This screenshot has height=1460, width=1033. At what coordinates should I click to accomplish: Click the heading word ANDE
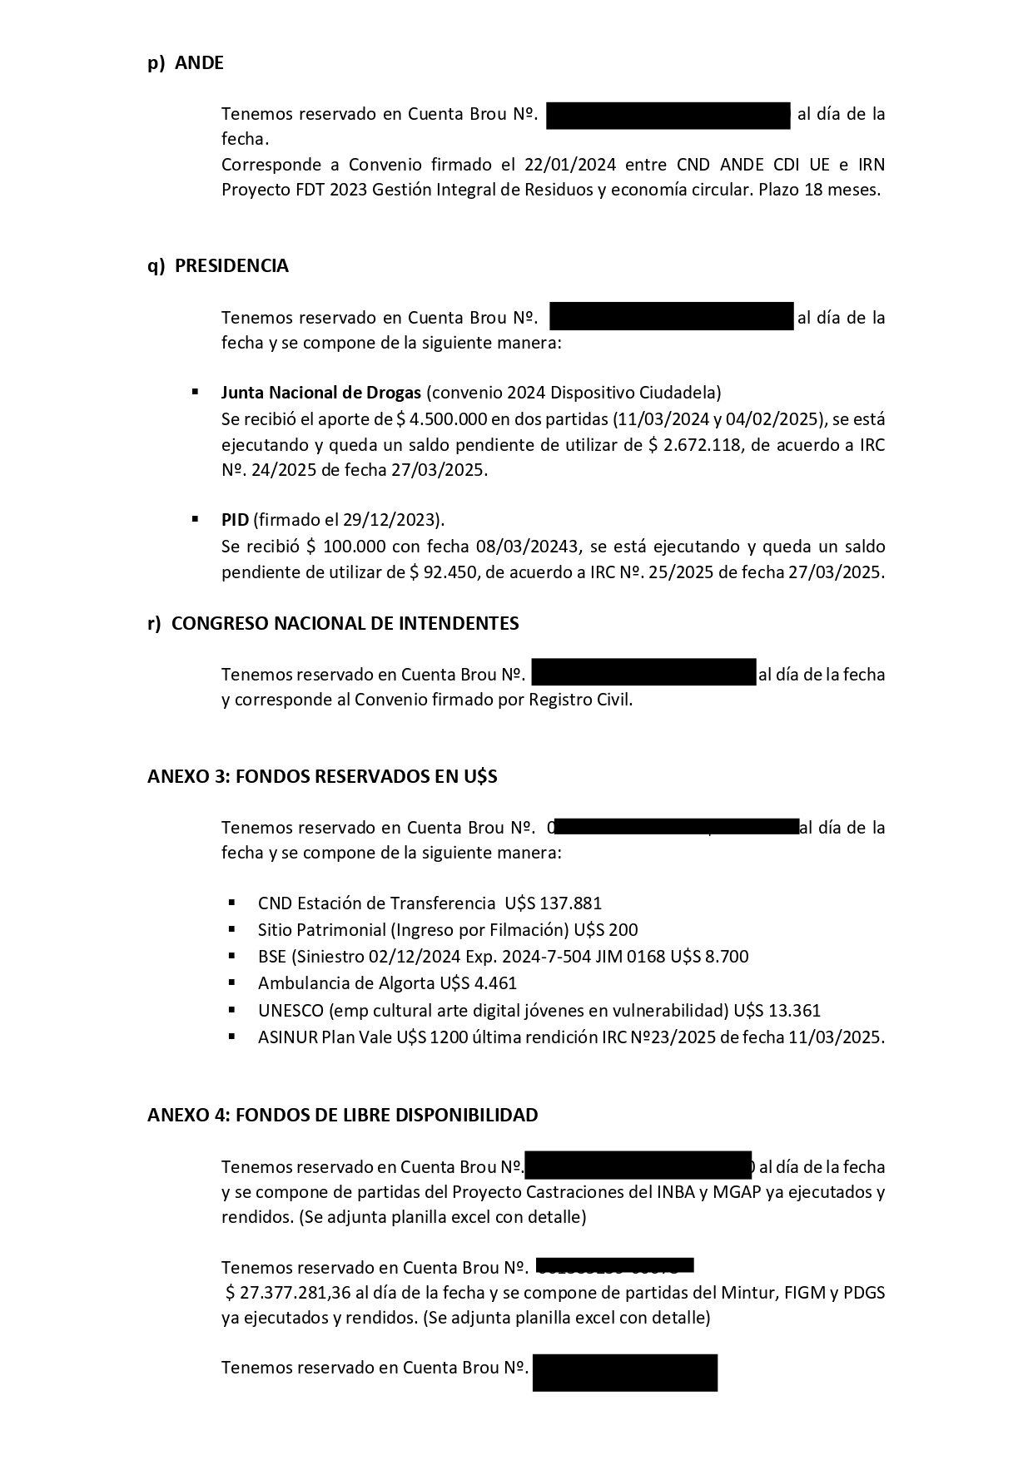coord(199,63)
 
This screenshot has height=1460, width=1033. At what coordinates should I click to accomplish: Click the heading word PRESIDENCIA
coord(231,266)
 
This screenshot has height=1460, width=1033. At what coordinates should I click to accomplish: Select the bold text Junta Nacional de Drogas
coord(320,393)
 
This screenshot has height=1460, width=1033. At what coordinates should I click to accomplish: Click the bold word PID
coord(235,520)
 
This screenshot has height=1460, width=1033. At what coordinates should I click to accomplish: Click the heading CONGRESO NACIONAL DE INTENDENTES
coord(345,623)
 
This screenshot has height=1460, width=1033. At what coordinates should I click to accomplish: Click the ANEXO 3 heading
coord(322,776)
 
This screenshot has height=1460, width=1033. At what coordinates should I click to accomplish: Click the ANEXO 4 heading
coord(342,1115)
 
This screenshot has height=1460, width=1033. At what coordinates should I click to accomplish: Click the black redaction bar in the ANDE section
coord(668,115)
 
